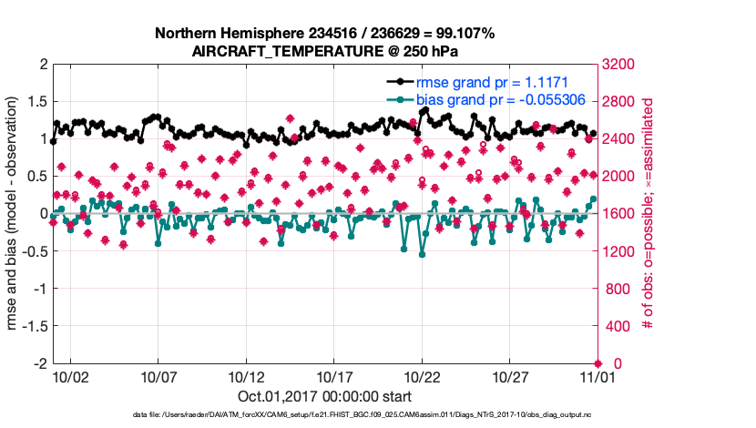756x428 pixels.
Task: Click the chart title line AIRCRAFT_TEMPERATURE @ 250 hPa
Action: (325, 51)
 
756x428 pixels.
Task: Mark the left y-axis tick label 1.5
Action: (37, 102)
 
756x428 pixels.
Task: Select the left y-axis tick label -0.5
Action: (34, 251)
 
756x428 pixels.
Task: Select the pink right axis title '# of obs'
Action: (649, 214)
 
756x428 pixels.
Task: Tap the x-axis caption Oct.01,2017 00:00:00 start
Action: (324, 397)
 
